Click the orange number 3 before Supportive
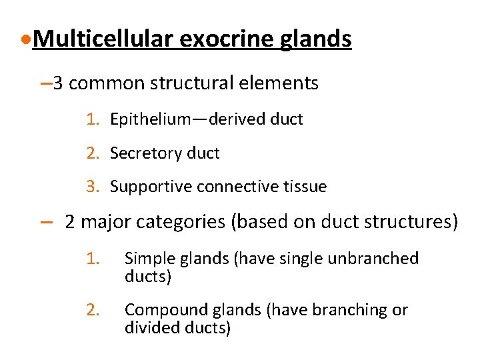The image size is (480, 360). click(91, 187)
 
